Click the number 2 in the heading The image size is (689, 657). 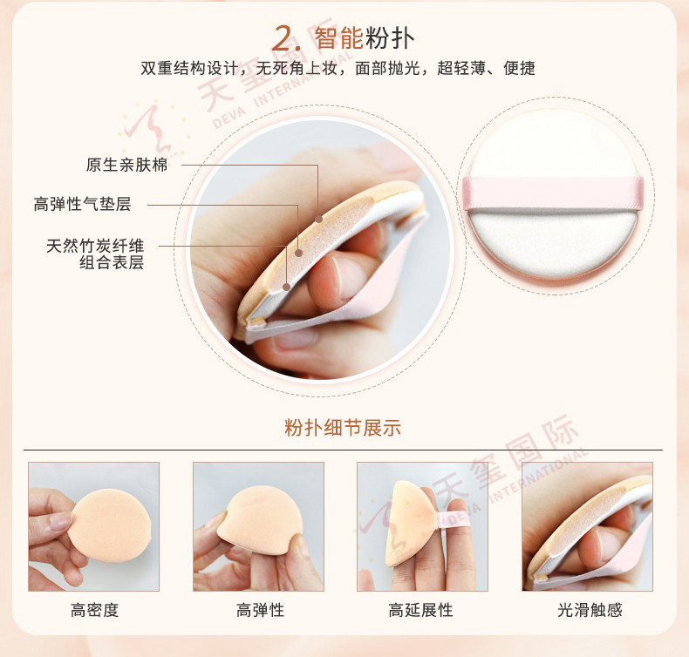click(x=283, y=38)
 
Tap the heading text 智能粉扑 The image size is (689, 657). click(x=365, y=37)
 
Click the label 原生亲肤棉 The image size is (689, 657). click(x=126, y=165)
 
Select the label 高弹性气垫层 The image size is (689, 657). click(x=82, y=204)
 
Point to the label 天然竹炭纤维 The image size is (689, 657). click(x=95, y=246)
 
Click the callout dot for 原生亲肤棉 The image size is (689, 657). click(x=318, y=219)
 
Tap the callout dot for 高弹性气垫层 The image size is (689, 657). click(x=299, y=253)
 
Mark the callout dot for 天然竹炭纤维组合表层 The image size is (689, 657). click(x=286, y=287)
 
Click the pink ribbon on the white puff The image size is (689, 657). click(x=553, y=193)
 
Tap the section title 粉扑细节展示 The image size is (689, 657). click(x=343, y=428)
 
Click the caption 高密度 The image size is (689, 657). click(x=94, y=610)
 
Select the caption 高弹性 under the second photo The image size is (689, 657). click(x=260, y=610)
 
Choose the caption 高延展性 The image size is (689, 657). click(x=420, y=610)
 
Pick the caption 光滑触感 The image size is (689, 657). click(x=590, y=610)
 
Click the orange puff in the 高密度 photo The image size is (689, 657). click(x=109, y=525)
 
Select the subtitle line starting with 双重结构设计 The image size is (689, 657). click(x=338, y=68)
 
